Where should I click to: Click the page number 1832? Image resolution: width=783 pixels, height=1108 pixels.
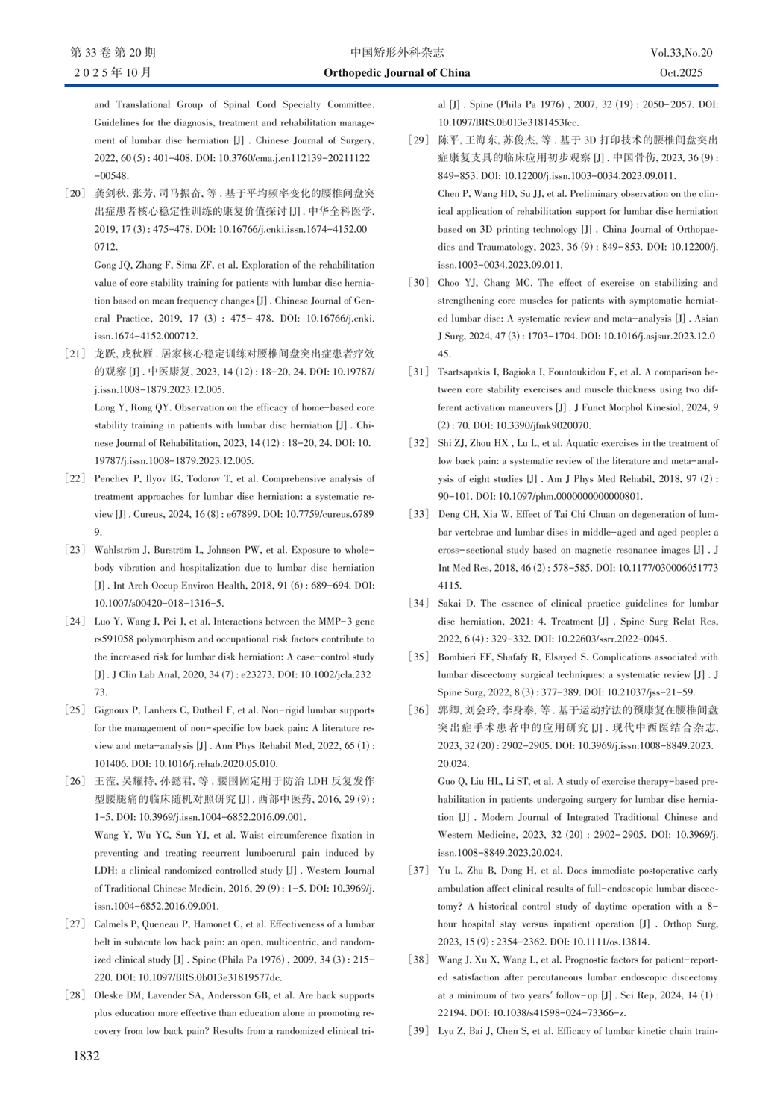tap(86, 1056)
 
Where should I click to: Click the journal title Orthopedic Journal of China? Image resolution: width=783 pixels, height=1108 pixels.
tap(397, 72)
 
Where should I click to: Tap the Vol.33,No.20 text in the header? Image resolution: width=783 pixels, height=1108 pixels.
tap(681, 53)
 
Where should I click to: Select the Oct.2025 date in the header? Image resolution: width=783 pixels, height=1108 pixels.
tap(681, 72)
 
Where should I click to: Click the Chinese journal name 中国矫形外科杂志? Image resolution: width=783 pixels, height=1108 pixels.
tap(397, 53)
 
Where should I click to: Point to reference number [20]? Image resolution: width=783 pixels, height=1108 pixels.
tap(75, 193)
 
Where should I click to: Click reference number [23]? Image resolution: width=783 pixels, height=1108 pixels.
tap(75, 550)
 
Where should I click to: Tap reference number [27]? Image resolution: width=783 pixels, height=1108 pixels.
tap(75, 924)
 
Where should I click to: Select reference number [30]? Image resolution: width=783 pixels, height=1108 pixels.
tap(419, 283)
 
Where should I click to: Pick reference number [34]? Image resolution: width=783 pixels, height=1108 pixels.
tap(419, 603)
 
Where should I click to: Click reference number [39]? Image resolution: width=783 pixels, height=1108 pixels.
tap(419, 1031)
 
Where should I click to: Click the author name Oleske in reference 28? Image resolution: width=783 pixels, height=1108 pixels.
tap(110, 995)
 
